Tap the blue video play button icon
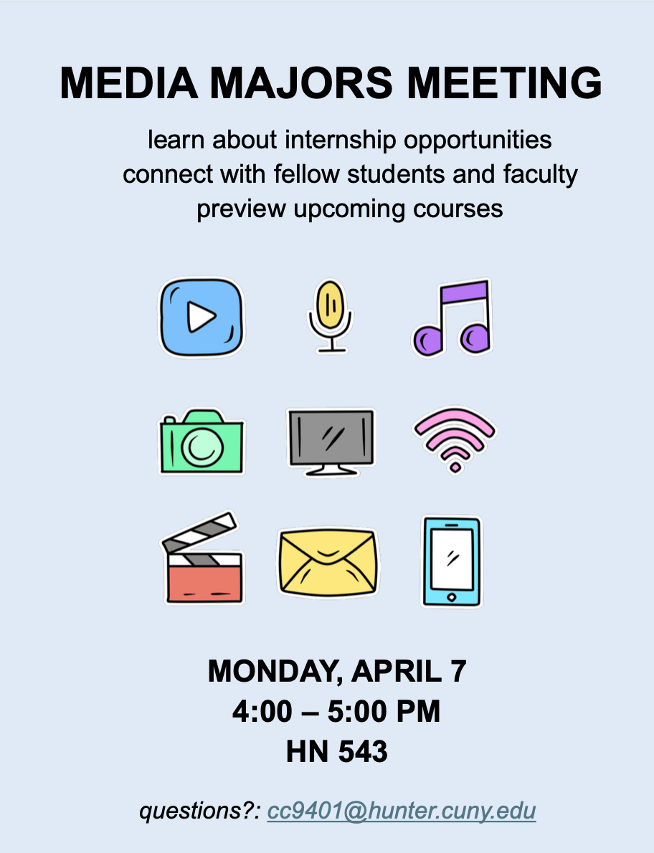coord(202,318)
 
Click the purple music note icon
coord(452,318)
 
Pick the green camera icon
coord(201,442)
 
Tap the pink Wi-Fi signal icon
coord(455,439)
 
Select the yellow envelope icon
coord(328,563)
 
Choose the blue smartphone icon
coord(451,561)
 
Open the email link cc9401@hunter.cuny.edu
coord(402,811)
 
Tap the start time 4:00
coord(262,712)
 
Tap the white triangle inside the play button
coord(201,317)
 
